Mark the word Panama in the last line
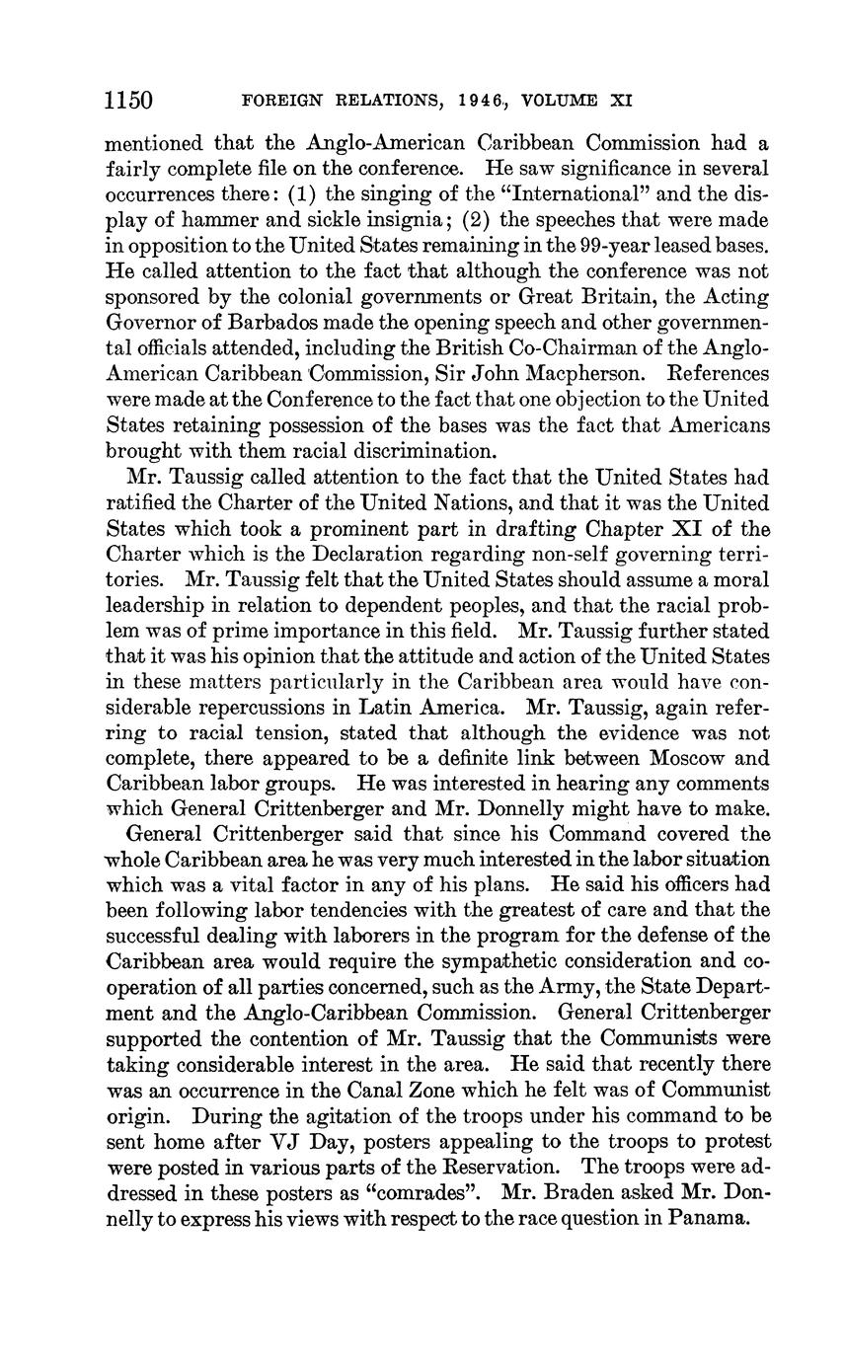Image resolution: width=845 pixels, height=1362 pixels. tap(709, 1217)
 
